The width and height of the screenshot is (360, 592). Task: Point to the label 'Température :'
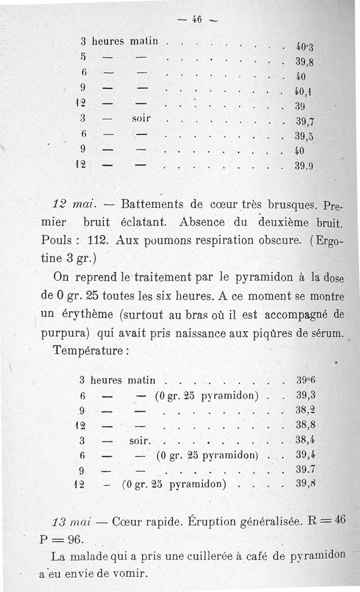coord(90,350)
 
